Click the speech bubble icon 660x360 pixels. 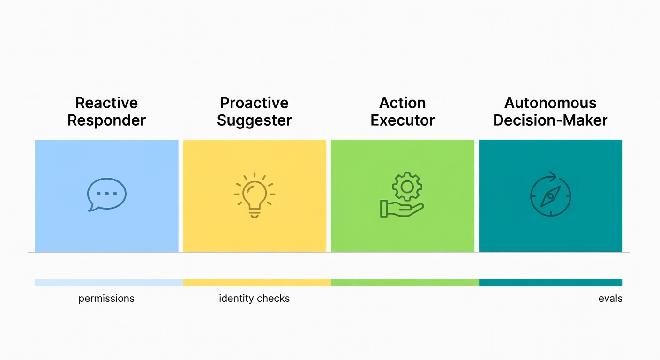pos(107,194)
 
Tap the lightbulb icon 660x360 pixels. pos(255,195)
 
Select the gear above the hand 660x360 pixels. pos(407,187)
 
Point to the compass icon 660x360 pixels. pos(551,195)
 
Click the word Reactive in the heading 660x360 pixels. pos(106,103)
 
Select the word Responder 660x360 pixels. pos(106,120)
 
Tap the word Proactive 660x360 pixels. pos(255,103)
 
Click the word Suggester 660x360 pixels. pos(255,120)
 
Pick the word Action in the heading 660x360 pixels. pos(403,103)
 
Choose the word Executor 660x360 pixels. pos(403,120)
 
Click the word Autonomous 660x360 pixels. pos(550,103)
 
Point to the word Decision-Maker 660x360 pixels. pos(550,120)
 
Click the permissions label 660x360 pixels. pos(106,299)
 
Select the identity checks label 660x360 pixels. pos(255,299)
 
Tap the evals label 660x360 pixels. pos(610,299)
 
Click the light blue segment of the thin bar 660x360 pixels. pos(109,283)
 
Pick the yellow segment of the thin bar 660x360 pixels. pos(257,283)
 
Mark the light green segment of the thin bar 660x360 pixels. pos(405,283)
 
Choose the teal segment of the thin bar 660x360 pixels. pos(551,283)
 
